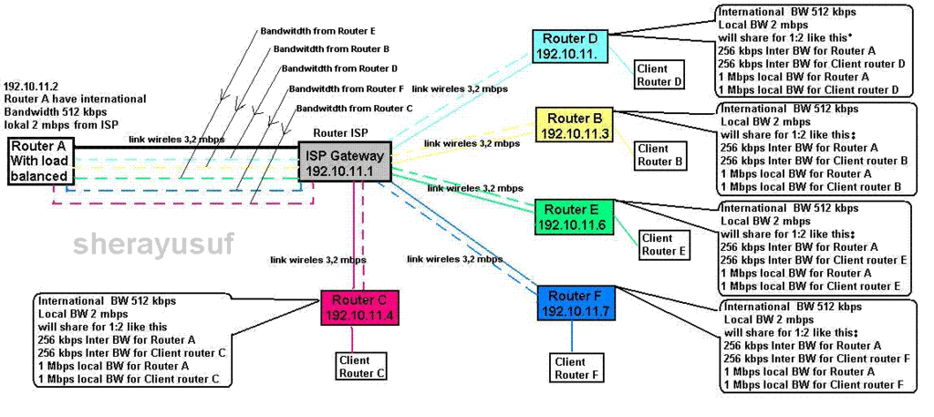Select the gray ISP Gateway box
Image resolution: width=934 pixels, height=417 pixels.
(x=346, y=162)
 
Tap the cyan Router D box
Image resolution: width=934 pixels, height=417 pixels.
(x=570, y=46)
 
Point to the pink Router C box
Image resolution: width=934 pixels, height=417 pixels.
(x=359, y=308)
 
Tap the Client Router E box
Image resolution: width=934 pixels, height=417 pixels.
(x=663, y=245)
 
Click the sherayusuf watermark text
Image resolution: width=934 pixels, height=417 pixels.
(x=153, y=244)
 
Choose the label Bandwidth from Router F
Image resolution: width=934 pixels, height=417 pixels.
(x=346, y=89)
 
